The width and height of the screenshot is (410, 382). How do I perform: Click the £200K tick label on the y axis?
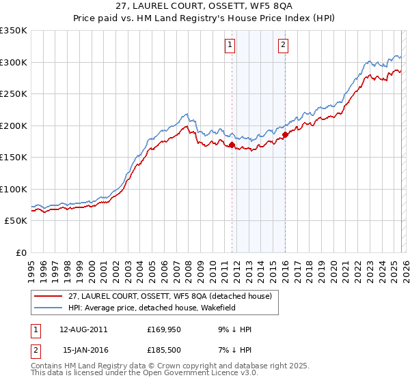(x=13, y=126)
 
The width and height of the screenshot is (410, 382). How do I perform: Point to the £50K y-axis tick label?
(x=15, y=221)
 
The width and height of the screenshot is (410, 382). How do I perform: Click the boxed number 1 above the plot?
(x=229, y=46)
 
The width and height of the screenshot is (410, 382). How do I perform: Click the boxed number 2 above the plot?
(x=282, y=46)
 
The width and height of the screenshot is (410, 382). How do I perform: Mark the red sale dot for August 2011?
(x=232, y=145)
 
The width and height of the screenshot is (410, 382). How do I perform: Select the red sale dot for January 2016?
(x=286, y=135)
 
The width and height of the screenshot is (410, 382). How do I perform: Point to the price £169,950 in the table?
(x=164, y=329)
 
